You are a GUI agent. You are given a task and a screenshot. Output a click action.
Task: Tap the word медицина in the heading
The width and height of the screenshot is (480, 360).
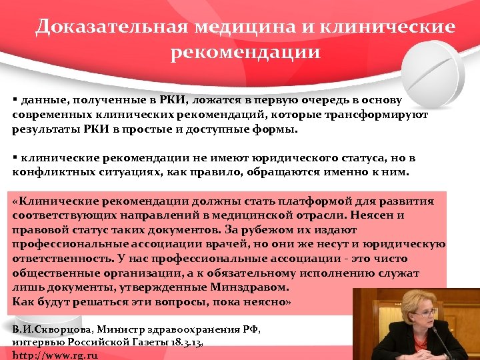(x=242, y=27)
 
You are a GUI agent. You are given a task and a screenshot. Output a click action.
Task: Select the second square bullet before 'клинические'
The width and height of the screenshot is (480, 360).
(x=15, y=157)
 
